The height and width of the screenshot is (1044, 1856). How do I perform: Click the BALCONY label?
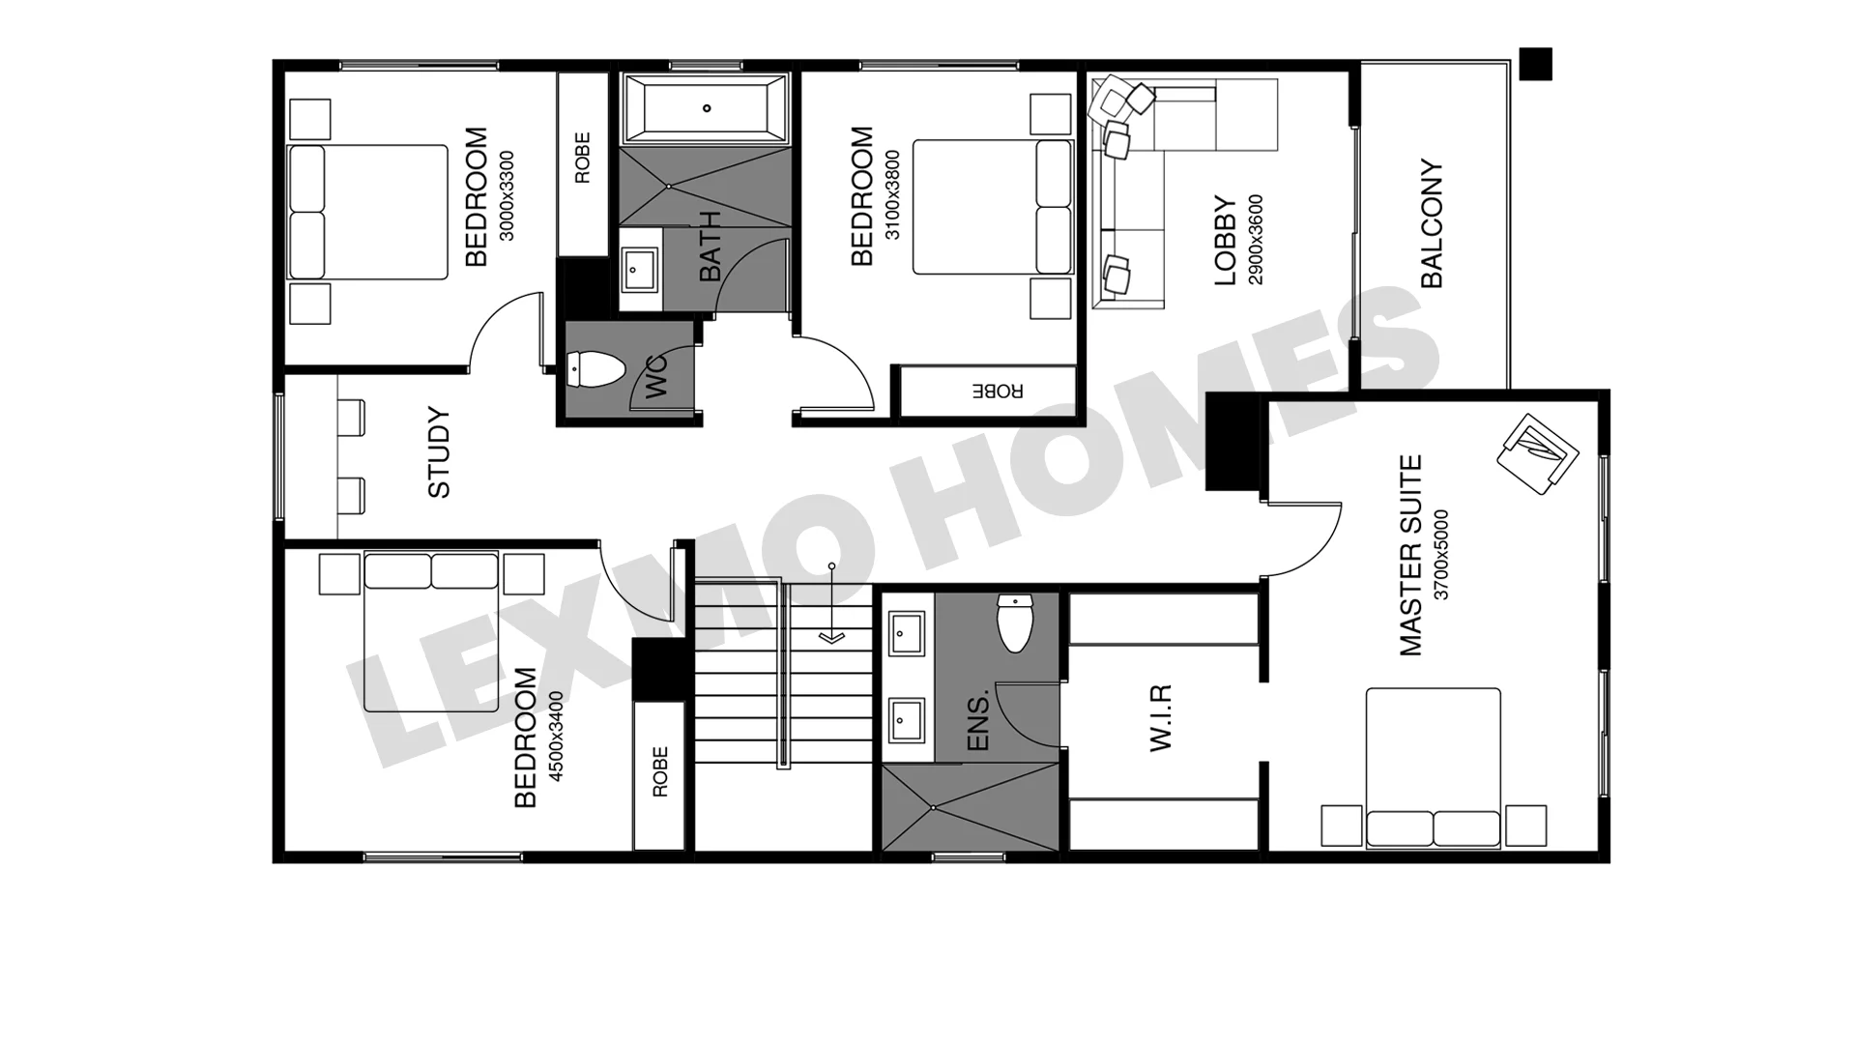[x=1432, y=223]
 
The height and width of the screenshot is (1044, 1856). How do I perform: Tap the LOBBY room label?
[x=1225, y=241]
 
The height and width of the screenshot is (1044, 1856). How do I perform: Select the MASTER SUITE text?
[x=1411, y=556]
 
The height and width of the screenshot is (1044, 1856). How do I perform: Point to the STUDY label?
[x=439, y=452]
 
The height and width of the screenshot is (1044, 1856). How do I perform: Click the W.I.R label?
[x=1160, y=717]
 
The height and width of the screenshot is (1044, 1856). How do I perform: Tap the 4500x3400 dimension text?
[x=556, y=737]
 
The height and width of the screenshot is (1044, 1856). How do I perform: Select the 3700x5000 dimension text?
[x=1441, y=555]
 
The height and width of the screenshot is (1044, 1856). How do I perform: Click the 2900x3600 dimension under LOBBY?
[x=1256, y=240]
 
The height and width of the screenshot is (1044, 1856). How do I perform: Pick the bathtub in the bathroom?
[x=707, y=108]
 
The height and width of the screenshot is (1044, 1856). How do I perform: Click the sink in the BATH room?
[x=638, y=269]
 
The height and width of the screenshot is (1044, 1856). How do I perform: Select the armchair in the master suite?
[x=1537, y=454]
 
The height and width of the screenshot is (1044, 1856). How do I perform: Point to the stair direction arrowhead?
[x=831, y=637]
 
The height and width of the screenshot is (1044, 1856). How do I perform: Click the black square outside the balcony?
[x=1535, y=64]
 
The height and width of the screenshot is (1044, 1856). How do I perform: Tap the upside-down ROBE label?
[x=997, y=391]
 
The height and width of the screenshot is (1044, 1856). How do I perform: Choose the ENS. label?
[x=978, y=720]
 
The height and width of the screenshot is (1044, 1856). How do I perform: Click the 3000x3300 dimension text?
[x=507, y=196]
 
